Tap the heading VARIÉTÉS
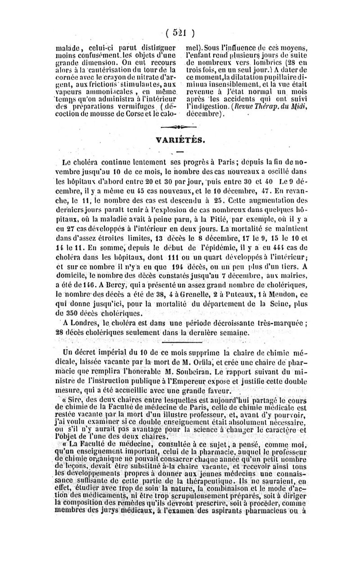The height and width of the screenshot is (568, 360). [x=180, y=140]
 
